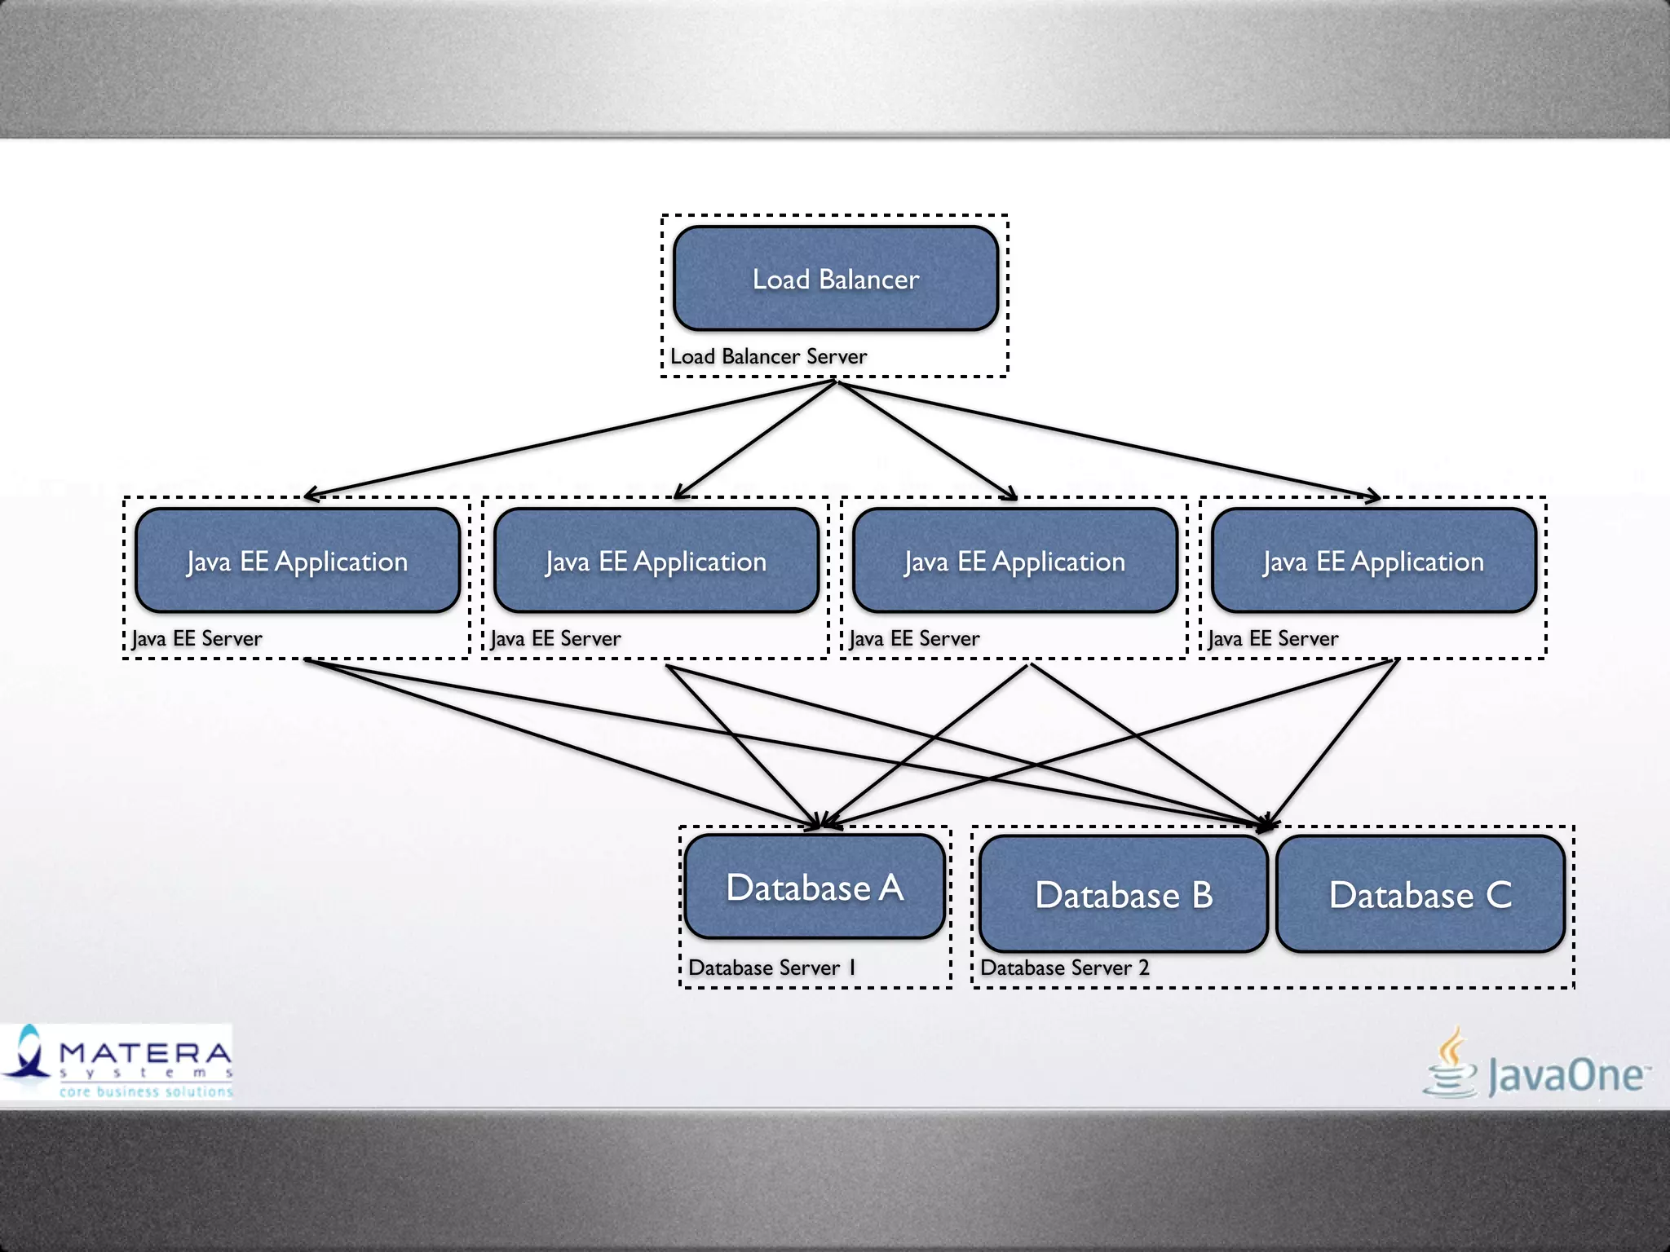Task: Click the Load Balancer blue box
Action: (x=836, y=279)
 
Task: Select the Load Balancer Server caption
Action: (x=768, y=357)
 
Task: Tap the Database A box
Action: (x=815, y=887)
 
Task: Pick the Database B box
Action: (x=1124, y=894)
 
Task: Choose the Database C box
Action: (x=1420, y=894)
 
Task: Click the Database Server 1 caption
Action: (x=771, y=968)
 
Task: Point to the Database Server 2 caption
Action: (x=1064, y=968)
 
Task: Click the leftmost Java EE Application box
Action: (x=298, y=561)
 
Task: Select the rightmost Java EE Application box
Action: (x=1374, y=561)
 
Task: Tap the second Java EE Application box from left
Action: (x=656, y=561)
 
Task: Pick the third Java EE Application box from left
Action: (x=1015, y=561)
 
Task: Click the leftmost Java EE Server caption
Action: (x=197, y=638)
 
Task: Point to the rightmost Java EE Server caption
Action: (x=1273, y=638)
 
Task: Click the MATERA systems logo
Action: (x=117, y=1061)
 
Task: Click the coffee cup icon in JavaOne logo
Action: (x=1450, y=1064)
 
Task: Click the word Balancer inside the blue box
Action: (x=869, y=280)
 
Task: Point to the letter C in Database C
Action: (x=1499, y=895)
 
